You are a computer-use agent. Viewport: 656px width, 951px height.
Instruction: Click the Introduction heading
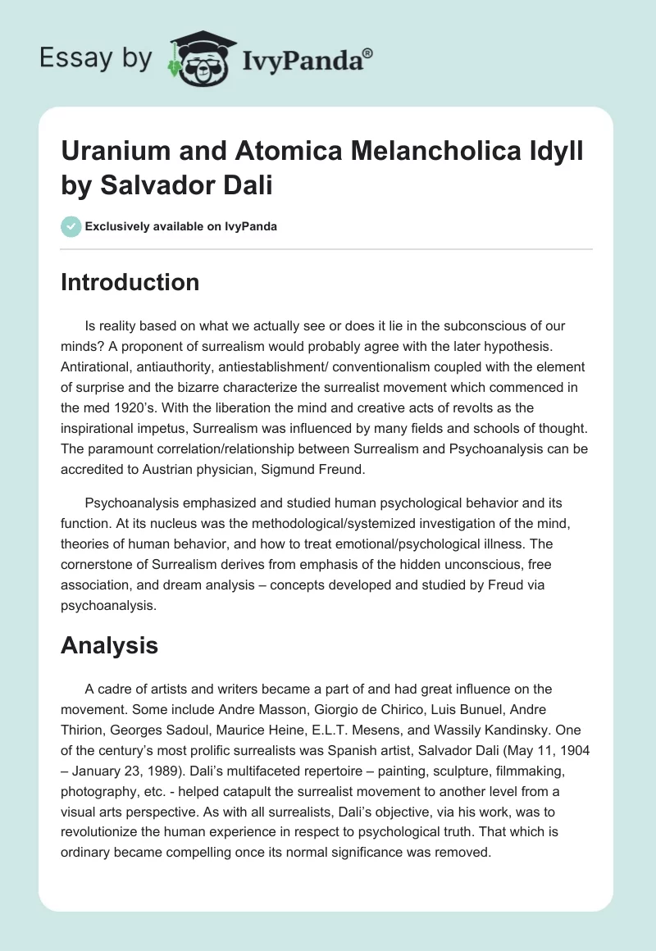[130, 282]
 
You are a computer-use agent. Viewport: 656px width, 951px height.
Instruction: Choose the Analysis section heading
[109, 646]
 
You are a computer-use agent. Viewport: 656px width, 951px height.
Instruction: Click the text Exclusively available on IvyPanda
[180, 226]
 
